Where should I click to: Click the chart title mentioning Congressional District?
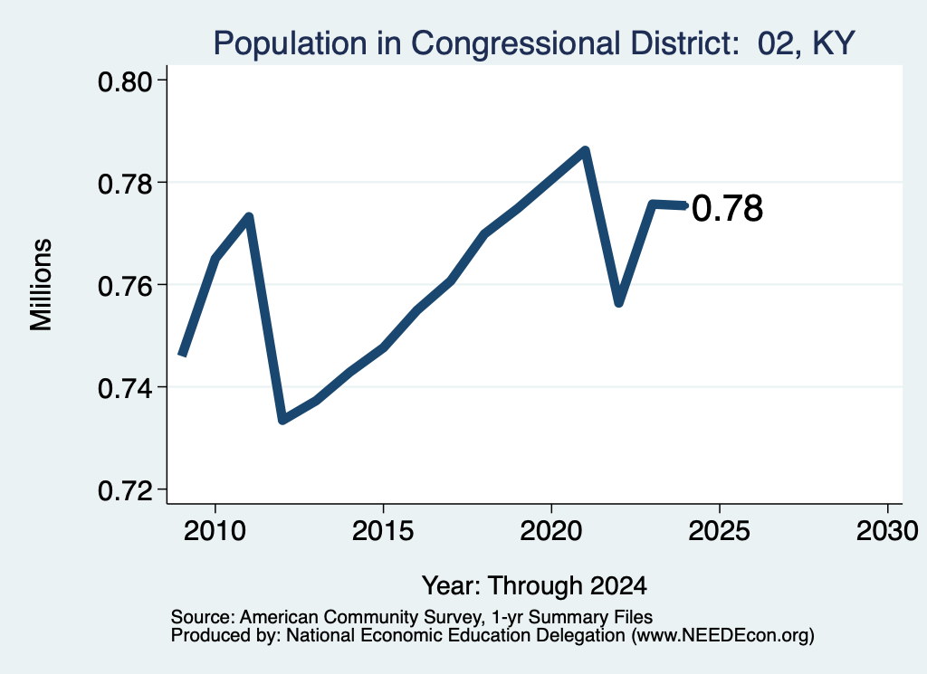click(534, 43)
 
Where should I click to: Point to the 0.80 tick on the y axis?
click(125, 81)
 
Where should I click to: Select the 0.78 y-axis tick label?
click(125, 184)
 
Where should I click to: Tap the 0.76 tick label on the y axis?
click(125, 286)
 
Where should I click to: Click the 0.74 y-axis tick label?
click(125, 389)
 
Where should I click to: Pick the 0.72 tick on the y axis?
click(125, 490)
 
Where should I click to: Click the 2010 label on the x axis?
click(215, 531)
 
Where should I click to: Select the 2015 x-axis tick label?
click(383, 531)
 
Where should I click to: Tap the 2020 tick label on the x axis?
click(551, 531)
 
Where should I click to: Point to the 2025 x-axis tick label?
click(720, 531)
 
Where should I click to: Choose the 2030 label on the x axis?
click(887, 531)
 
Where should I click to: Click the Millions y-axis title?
click(42, 285)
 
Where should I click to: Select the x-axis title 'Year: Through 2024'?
click(534, 585)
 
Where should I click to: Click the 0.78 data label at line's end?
click(727, 208)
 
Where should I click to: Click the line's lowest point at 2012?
click(282, 420)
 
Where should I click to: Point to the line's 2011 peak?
click(249, 217)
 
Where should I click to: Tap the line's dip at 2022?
click(619, 303)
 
